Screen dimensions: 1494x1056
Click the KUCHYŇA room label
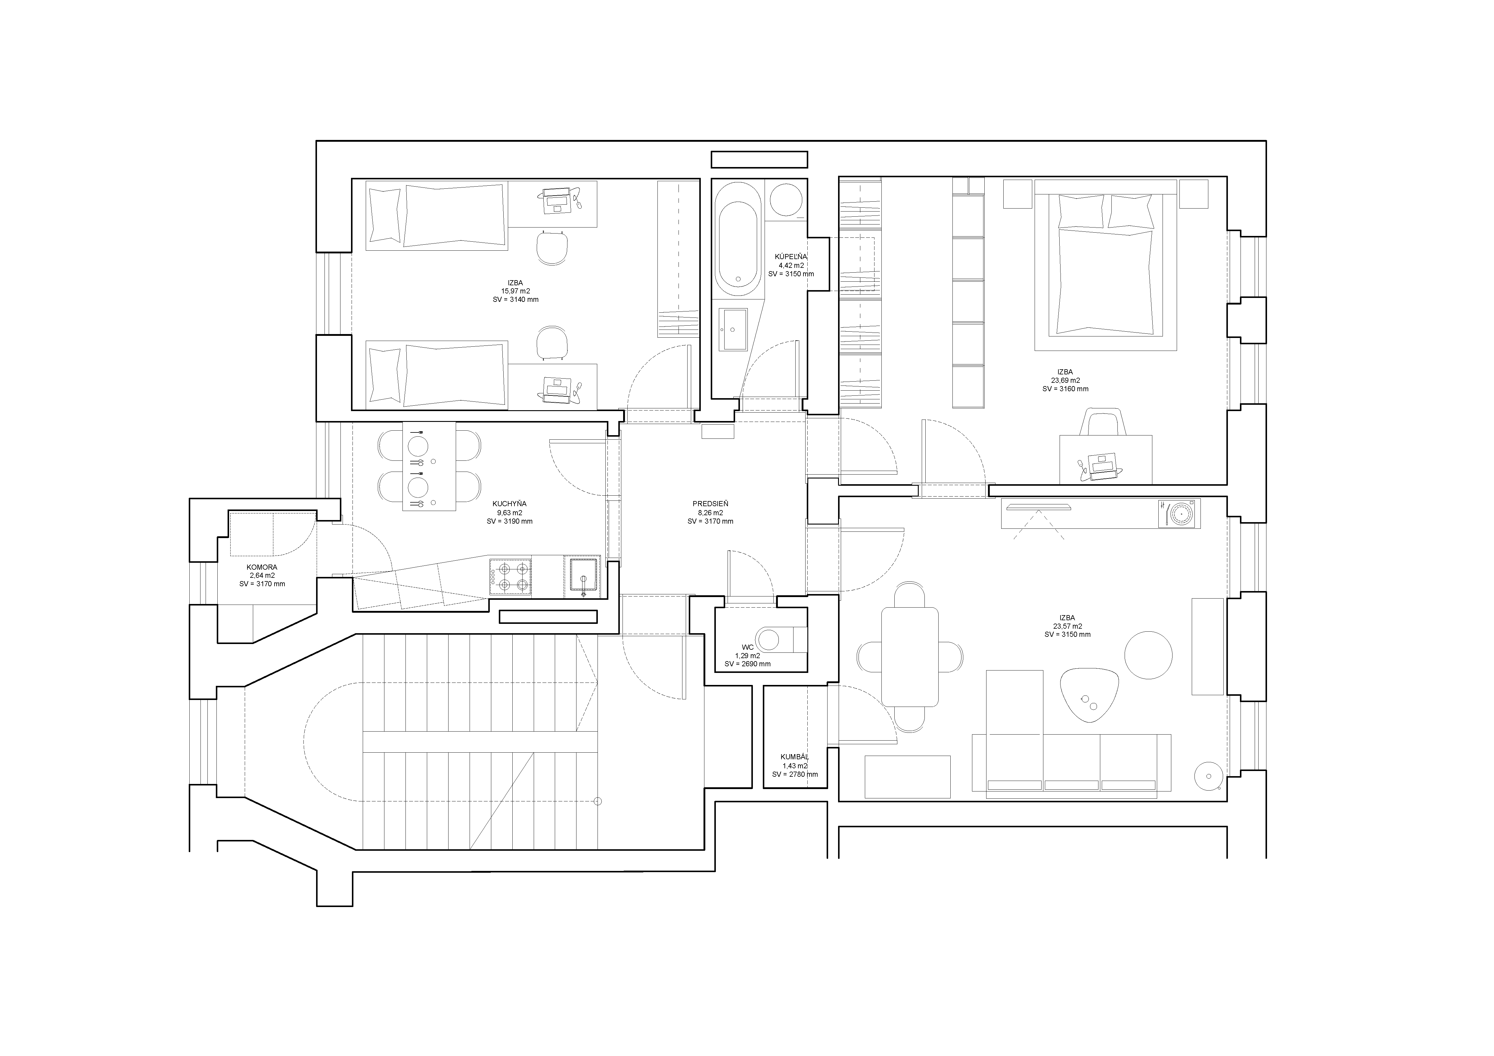pos(510,503)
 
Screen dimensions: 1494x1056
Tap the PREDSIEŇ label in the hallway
pos(710,503)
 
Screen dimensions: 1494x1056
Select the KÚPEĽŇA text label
pos(790,256)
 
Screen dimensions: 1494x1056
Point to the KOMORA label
pos(262,567)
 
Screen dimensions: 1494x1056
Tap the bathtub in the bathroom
pos(738,239)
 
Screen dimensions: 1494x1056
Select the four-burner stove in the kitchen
pos(510,577)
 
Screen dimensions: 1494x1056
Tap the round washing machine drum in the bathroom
pos(786,199)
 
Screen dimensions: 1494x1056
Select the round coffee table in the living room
pos(1148,656)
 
